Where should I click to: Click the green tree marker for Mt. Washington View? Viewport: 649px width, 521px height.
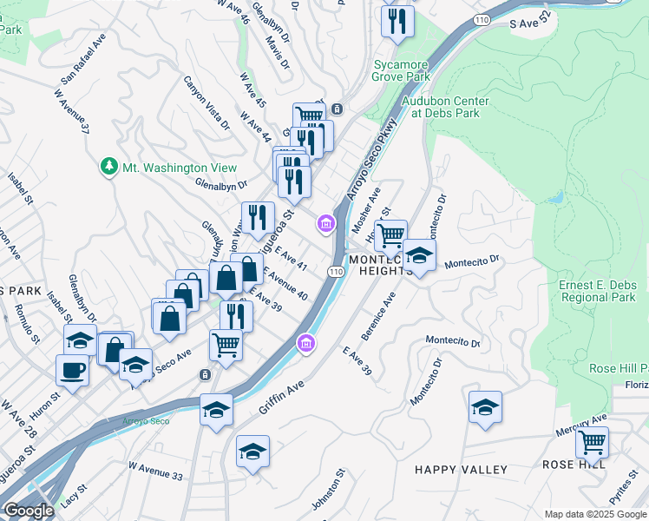pos(108,166)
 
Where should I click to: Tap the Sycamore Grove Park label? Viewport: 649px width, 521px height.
pos(402,70)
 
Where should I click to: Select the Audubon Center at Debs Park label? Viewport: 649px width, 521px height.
pos(445,107)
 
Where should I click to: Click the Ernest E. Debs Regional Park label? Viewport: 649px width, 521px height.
pos(597,291)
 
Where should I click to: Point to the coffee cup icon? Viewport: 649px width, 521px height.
pos(72,370)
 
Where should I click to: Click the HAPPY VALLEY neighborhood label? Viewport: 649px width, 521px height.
pos(461,470)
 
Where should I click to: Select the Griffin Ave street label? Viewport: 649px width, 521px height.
pos(281,395)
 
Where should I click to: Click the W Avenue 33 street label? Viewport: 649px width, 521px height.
pos(155,477)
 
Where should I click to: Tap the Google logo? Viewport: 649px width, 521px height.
pos(29,511)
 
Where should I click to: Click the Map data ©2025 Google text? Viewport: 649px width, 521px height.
pos(594,514)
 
